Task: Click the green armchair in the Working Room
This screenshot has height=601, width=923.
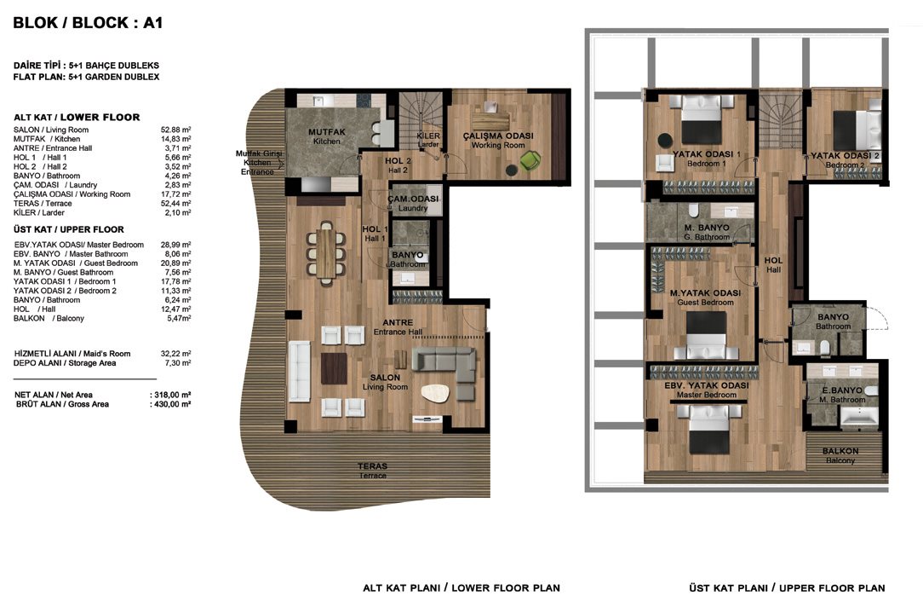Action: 530,160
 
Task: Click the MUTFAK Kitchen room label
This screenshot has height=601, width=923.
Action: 327,136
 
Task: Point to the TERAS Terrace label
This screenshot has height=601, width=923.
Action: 373,471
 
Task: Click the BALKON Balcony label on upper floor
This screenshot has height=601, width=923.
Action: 840,455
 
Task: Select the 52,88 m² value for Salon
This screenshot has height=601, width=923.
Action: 175,130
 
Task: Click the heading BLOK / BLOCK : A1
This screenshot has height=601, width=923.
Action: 88,23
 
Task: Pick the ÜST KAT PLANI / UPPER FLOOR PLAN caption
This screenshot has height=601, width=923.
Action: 787,588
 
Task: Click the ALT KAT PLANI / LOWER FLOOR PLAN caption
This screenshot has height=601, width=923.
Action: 461,588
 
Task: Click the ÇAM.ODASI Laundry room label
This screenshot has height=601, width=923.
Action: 413,203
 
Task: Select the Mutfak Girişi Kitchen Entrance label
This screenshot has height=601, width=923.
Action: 258,163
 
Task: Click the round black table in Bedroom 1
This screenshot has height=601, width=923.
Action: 665,140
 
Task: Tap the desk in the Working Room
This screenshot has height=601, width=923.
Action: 490,121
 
